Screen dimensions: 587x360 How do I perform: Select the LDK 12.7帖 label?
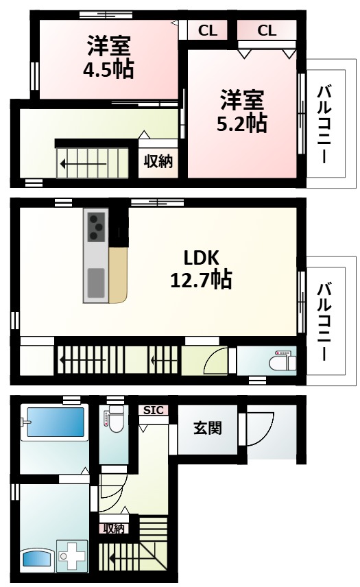200,268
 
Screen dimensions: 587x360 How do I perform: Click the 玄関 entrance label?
206,428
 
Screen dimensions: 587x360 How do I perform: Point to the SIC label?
154,410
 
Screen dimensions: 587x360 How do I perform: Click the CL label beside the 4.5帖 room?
208,30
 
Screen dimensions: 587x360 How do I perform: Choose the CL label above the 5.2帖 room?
267,30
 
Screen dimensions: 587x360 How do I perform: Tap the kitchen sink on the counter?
95,283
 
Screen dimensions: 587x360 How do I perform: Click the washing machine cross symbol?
73,557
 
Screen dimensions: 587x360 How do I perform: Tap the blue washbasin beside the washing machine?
38,558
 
